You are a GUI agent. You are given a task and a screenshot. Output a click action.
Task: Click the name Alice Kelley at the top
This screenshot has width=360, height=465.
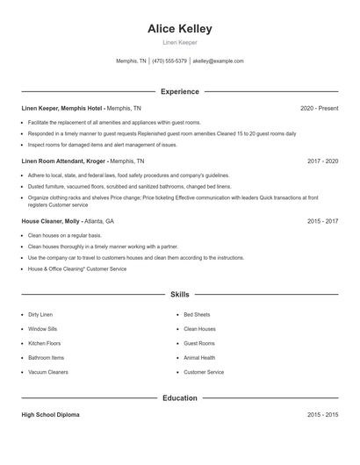click(180, 29)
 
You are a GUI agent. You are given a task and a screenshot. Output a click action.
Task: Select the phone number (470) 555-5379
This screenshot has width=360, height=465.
click(169, 61)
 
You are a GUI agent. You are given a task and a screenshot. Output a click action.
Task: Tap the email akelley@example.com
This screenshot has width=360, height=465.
click(218, 61)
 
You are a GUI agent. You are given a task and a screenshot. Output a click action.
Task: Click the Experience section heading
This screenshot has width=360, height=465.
click(180, 91)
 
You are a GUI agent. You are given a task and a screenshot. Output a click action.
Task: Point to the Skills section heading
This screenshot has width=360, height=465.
click(180, 296)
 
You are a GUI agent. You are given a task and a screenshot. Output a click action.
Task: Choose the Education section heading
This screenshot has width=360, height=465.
click(180, 398)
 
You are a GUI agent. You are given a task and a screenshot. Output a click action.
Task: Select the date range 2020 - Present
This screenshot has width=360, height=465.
click(319, 108)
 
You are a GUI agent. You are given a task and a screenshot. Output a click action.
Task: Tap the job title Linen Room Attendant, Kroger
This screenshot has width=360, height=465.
click(63, 161)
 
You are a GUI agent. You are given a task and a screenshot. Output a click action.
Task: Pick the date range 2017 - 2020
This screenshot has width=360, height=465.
click(322, 161)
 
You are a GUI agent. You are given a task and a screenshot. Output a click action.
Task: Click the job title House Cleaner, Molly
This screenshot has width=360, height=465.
click(51, 222)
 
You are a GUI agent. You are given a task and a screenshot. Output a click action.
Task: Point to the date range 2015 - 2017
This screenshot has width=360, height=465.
click(322, 222)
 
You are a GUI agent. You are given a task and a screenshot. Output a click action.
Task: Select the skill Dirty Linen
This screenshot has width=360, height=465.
click(40, 314)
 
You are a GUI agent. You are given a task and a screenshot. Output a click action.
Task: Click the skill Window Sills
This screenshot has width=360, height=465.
click(42, 329)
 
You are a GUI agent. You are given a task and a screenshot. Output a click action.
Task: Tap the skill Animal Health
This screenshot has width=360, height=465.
click(199, 358)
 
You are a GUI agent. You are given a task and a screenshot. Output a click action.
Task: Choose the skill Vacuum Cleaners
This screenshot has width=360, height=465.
click(47, 372)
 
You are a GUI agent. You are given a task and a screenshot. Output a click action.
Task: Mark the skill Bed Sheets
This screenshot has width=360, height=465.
click(197, 314)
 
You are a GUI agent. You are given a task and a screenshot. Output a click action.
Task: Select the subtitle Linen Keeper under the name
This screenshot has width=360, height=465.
click(180, 42)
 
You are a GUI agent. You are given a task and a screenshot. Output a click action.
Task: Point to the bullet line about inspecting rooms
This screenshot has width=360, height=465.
click(102, 145)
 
